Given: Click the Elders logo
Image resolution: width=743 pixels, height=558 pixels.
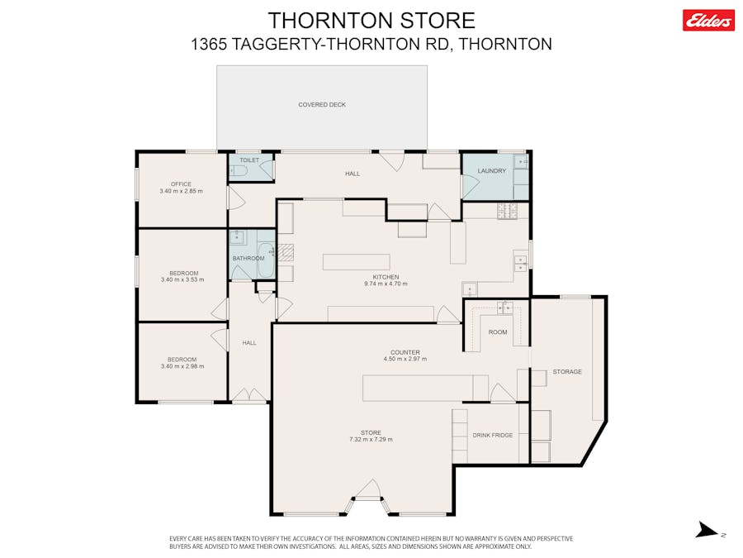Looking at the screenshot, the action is (708, 21).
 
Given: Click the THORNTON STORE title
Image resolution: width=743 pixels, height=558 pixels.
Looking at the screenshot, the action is (371, 21).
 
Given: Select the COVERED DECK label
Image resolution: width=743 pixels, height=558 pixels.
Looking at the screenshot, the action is (322, 104).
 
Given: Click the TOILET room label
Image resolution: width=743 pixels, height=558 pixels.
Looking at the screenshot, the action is (249, 160).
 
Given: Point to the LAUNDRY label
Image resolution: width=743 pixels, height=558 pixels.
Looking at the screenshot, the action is (492, 171).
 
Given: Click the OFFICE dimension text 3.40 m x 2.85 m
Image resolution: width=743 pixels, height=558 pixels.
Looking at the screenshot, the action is (181, 191).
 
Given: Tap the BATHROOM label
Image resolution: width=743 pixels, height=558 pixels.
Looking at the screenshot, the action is (248, 259).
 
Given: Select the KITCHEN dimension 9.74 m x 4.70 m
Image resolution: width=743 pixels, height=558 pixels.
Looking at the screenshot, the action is (386, 284).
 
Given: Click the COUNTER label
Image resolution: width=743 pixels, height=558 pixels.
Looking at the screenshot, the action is (405, 352).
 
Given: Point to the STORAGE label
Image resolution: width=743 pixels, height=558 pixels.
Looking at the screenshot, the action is (567, 371).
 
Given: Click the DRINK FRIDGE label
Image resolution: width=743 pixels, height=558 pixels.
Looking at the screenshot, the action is (493, 435).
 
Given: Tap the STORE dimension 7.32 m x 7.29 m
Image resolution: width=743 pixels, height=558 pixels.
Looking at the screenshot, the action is (371, 440).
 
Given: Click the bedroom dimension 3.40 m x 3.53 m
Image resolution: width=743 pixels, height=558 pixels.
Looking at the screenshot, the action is (182, 280).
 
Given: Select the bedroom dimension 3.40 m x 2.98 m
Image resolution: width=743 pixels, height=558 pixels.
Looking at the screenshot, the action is (182, 366).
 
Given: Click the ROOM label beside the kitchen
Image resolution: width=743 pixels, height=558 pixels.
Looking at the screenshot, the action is (498, 332).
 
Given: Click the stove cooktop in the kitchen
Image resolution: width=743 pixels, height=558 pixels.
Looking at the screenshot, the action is (507, 211).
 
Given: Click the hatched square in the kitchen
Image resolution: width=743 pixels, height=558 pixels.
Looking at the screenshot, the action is (286, 252).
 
